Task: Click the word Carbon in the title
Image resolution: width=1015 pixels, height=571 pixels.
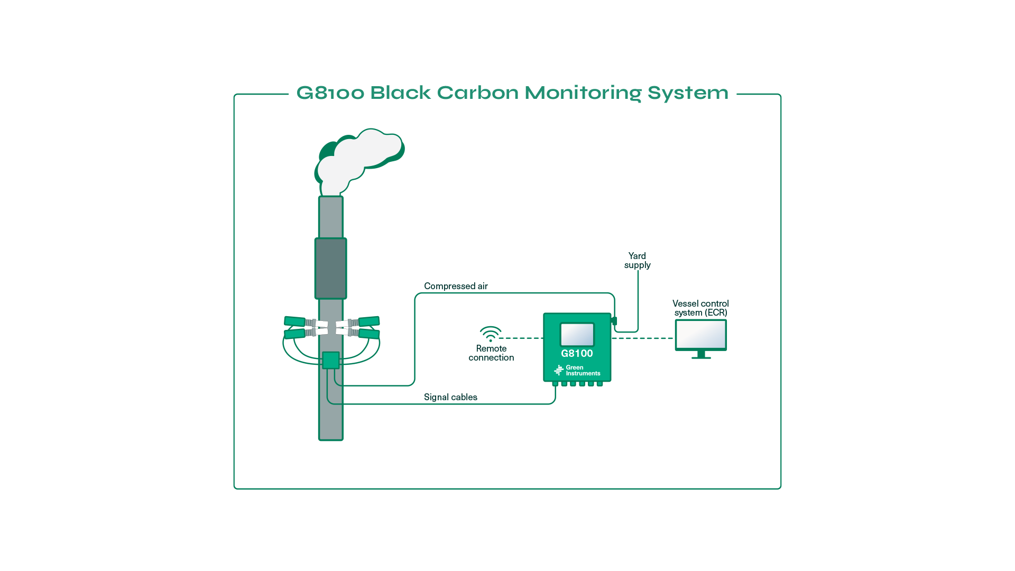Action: tap(478, 93)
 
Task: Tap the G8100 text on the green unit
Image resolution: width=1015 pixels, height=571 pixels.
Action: tap(577, 354)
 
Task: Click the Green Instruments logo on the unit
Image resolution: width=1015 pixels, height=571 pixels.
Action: tap(577, 371)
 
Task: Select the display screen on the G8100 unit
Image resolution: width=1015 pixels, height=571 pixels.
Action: tap(577, 334)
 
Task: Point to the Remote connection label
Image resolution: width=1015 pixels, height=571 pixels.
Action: tap(491, 353)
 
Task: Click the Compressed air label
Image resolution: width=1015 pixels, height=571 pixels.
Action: tap(456, 286)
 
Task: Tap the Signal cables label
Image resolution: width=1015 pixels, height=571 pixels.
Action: tap(450, 397)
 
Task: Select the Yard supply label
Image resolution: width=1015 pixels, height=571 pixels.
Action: tap(637, 261)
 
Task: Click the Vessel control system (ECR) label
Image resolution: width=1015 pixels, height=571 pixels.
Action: tap(700, 308)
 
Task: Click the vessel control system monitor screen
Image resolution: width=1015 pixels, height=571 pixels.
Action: tap(701, 334)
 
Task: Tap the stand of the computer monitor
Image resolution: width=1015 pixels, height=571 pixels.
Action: tap(702, 355)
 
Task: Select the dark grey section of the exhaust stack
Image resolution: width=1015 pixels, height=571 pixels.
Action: tap(331, 269)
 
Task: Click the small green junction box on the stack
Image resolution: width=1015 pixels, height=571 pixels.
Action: tap(331, 360)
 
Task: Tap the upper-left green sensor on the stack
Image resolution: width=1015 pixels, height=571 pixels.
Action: tap(294, 321)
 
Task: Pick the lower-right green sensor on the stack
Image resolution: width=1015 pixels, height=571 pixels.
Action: tap(370, 334)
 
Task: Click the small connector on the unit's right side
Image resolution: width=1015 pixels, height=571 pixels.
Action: tap(614, 321)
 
